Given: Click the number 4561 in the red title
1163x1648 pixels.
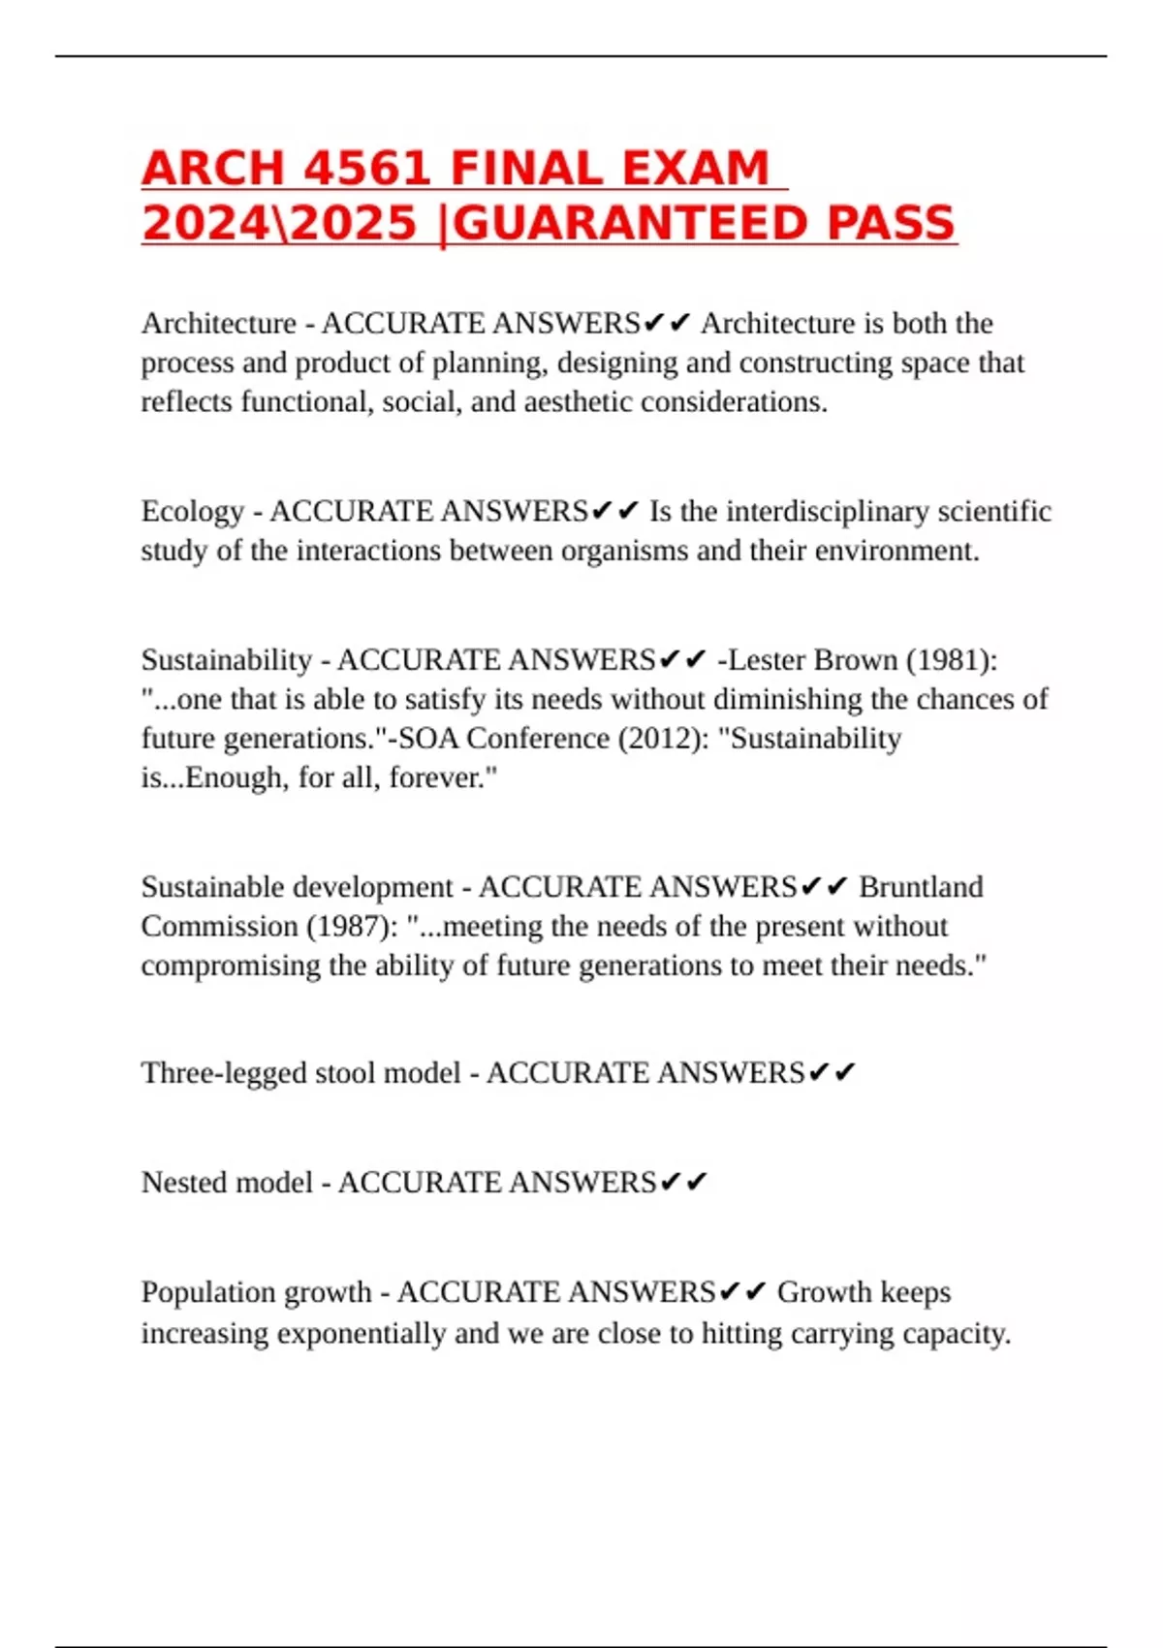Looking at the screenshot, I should pos(367,169).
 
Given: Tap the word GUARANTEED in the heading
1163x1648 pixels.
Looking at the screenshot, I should pos(631,223).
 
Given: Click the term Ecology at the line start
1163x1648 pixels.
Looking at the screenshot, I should pos(192,511).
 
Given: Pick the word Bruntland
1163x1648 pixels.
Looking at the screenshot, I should pos(921,887).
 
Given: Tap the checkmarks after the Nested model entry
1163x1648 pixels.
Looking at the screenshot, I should pos(683,1183).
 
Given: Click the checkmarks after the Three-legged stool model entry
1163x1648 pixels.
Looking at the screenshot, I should pos(832,1073).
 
